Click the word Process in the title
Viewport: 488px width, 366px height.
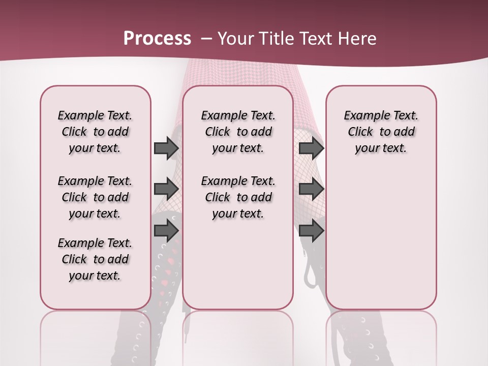tap(157, 39)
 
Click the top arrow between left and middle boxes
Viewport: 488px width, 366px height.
tap(166, 148)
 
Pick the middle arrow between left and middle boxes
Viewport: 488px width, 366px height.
tap(166, 189)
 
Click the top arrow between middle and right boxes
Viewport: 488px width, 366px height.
tap(311, 148)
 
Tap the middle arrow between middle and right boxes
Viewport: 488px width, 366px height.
tap(311, 189)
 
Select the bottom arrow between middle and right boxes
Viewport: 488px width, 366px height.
tap(311, 231)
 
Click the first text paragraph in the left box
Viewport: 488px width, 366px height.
tap(95, 132)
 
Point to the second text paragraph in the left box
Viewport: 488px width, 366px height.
tap(95, 197)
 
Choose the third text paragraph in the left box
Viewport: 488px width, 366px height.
tap(95, 259)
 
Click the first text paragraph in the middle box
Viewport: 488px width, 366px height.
tap(238, 132)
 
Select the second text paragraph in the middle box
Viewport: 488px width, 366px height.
tap(238, 197)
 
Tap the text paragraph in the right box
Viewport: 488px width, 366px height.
tap(381, 132)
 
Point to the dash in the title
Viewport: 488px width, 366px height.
tap(206, 39)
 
